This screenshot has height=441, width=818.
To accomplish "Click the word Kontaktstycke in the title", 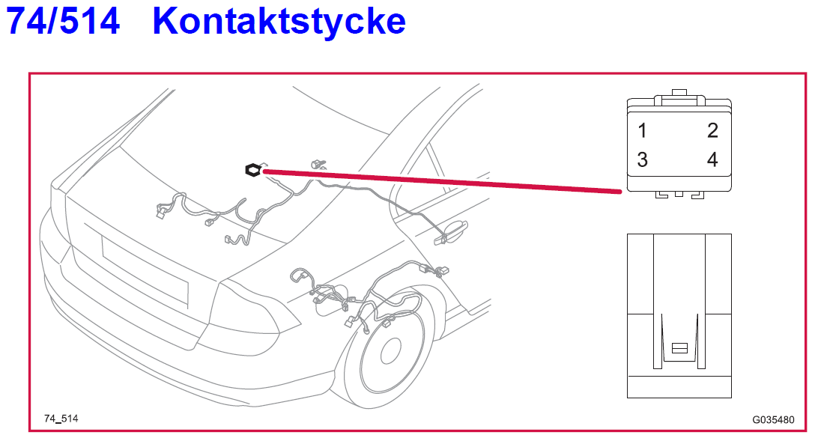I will (279, 21).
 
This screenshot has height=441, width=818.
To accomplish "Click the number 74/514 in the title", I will (63, 21).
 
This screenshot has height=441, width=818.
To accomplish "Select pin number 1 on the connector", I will (642, 131).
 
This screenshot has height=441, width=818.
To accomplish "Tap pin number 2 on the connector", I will (712, 131).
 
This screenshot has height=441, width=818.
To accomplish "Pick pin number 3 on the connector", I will (642, 159).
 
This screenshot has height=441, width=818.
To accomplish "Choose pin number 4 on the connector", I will (712, 159).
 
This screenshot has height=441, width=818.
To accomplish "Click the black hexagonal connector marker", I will (253, 171).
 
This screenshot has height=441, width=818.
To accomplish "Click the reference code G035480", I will (773, 420).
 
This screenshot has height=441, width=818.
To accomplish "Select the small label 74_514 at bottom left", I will (61, 419).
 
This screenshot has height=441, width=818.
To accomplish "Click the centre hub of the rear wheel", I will (391, 351).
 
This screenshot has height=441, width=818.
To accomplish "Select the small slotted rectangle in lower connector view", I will (679, 348).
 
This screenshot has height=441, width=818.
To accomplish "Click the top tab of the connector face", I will (679, 94).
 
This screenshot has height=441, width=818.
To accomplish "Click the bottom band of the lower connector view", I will (679, 386).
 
